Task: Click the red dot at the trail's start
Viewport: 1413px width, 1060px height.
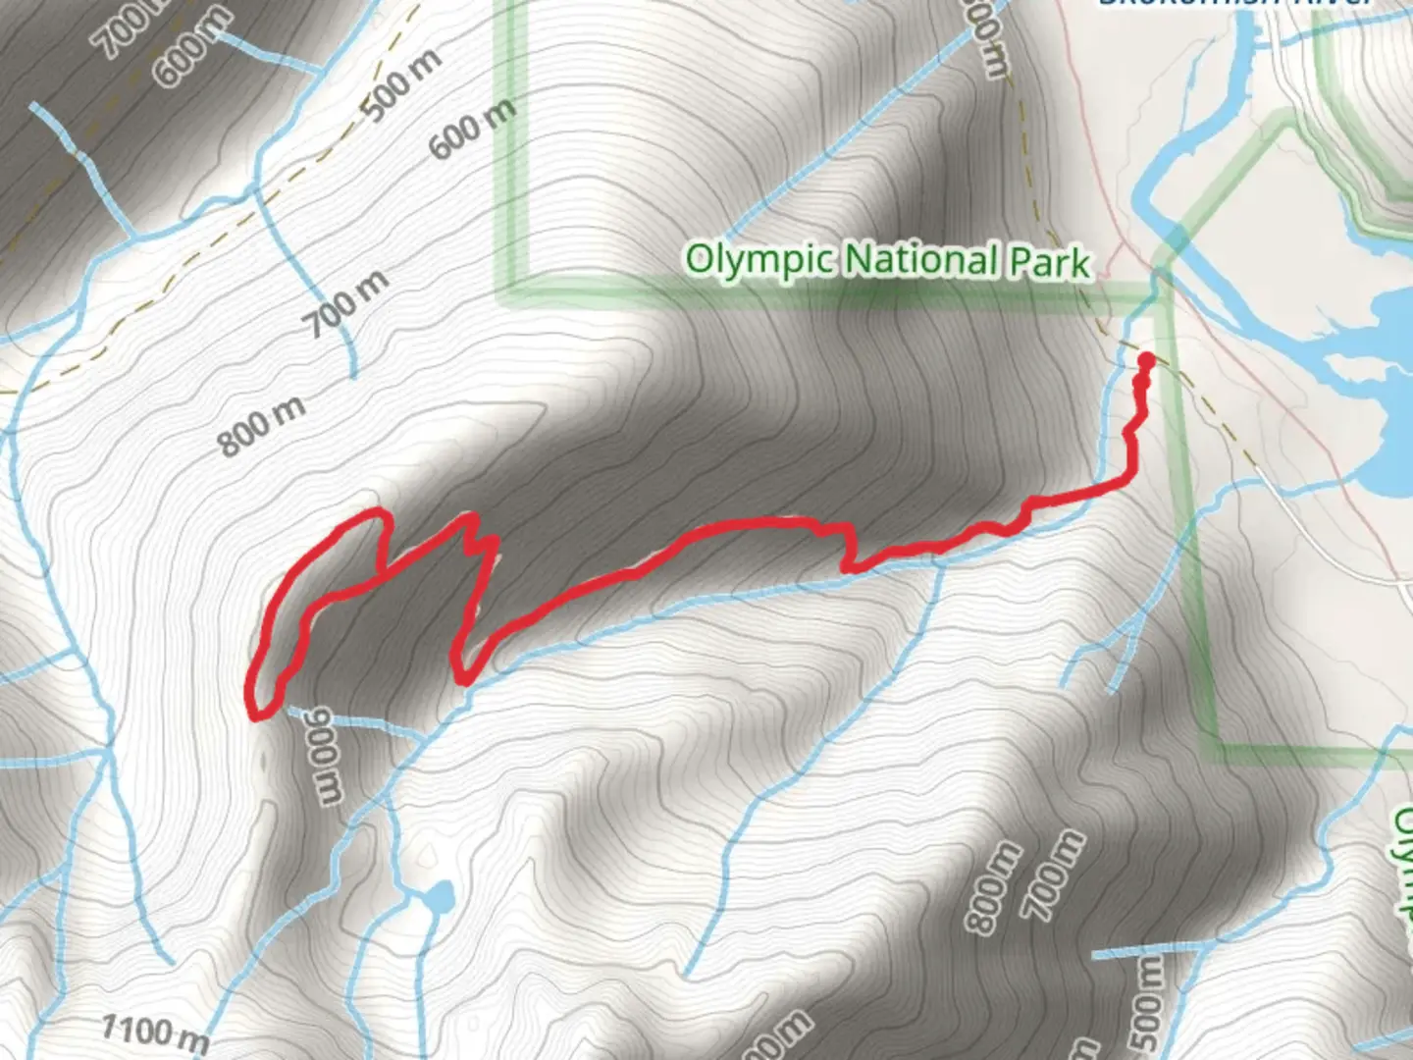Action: click(1145, 360)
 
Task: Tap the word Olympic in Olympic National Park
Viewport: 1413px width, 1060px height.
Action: click(759, 260)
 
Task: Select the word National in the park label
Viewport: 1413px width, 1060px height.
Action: click(921, 260)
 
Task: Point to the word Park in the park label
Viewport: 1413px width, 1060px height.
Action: click(1049, 262)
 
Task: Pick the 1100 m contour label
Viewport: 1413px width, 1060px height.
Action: click(155, 1031)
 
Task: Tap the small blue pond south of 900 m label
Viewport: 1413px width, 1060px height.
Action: click(439, 895)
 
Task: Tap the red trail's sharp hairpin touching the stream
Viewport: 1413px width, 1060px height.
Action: click(464, 680)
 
